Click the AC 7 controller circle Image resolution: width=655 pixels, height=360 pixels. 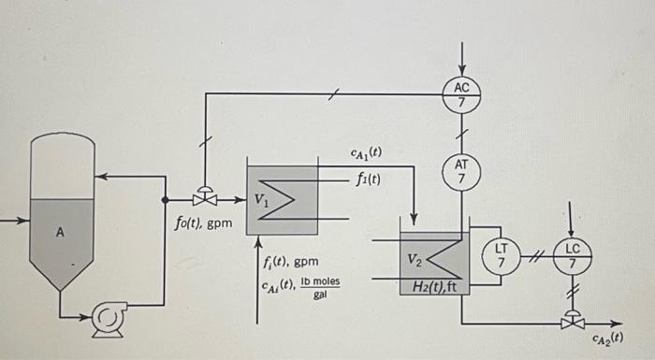tap(460, 94)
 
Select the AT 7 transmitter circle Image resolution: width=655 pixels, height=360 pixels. tap(460, 169)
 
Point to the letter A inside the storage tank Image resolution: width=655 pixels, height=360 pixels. tap(59, 234)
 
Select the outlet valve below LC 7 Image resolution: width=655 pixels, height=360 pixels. tap(571, 323)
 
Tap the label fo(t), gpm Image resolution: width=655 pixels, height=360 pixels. tap(203, 223)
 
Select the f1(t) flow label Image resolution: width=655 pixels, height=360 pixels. tap(368, 179)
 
